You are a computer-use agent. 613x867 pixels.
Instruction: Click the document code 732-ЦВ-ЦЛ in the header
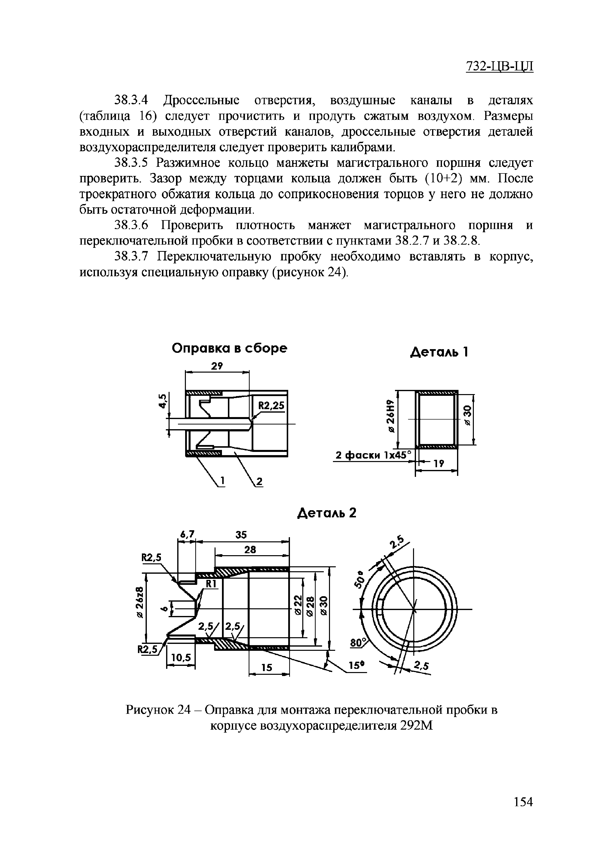(x=499, y=66)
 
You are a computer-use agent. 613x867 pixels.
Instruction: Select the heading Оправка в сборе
(x=229, y=348)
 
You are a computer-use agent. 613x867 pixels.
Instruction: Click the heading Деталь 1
(x=439, y=352)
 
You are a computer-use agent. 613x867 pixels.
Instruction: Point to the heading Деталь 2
(x=327, y=513)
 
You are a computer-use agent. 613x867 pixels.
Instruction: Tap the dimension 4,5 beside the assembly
(x=162, y=401)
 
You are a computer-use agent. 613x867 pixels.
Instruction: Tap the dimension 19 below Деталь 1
(x=438, y=464)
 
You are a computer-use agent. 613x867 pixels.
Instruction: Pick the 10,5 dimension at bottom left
(x=181, y=658)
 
